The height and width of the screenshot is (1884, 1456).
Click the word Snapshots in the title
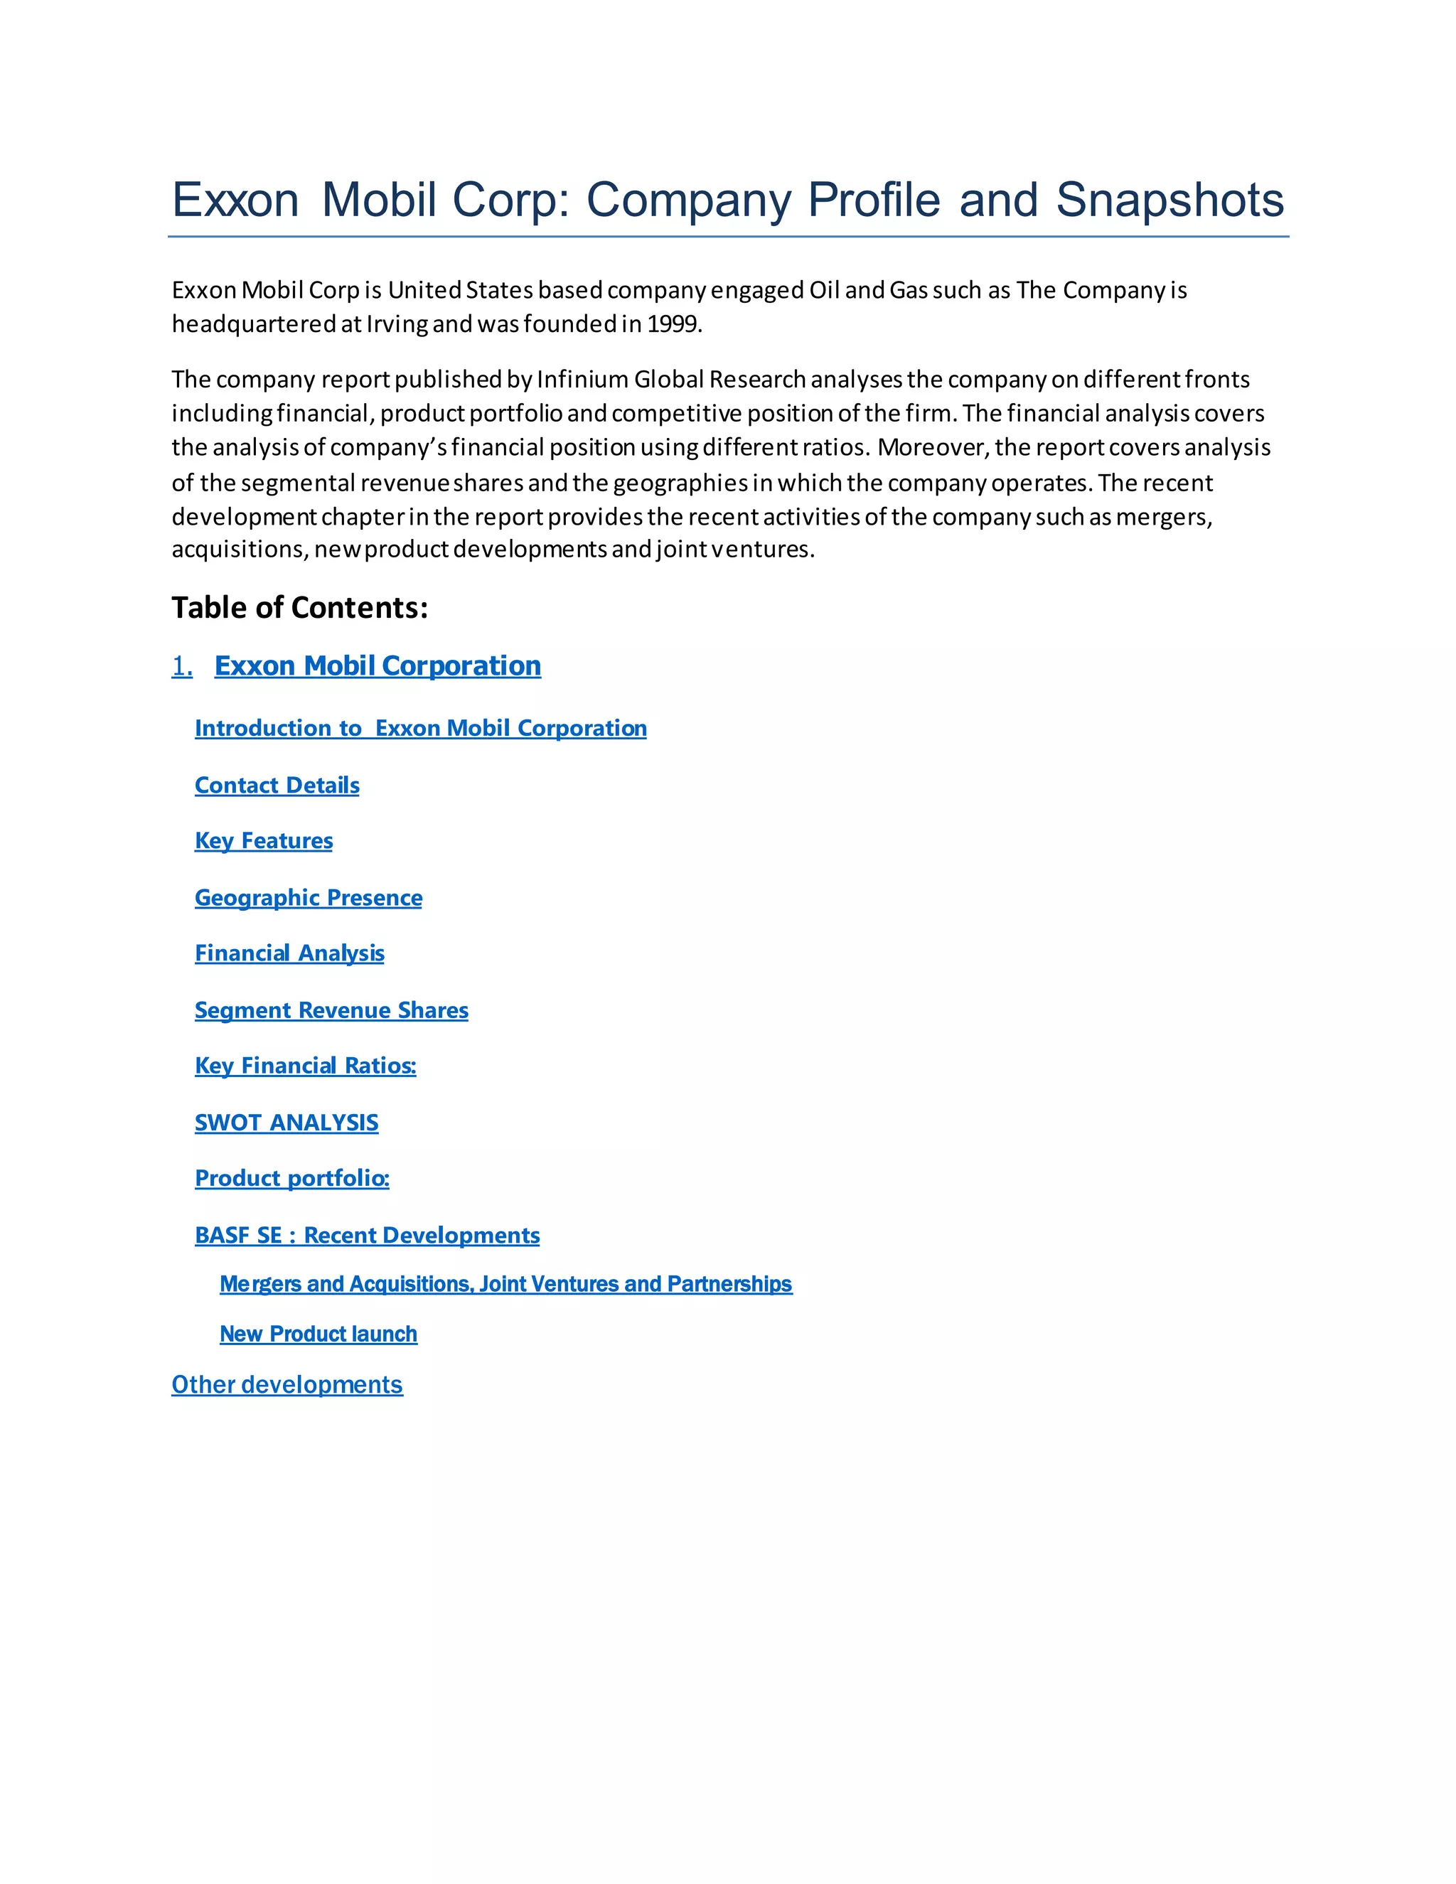[1169, 200]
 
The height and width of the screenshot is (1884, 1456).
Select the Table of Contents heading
[299, 607]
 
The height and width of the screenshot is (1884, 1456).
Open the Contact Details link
[277, 785]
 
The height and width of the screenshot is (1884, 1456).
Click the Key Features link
[263, 840]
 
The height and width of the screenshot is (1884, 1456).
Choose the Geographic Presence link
[308, 897]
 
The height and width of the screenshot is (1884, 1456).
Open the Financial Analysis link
[289, 953]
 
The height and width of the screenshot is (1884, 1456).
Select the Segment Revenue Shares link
[331, 1010]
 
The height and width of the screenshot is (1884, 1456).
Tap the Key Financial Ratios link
[304, 1066]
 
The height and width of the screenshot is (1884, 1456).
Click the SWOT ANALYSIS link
[287, 1123]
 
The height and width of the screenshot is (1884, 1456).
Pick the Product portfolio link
[291, 1178]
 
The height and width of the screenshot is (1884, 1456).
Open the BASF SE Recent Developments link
[367, 1236]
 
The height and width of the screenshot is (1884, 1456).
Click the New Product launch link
[318, 1334]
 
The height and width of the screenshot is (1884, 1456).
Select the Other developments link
[287, 1384]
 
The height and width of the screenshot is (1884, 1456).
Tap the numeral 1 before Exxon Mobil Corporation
[181, 666]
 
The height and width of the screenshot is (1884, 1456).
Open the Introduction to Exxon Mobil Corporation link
[420, 728]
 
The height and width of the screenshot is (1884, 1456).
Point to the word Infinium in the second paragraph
[582, 380]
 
